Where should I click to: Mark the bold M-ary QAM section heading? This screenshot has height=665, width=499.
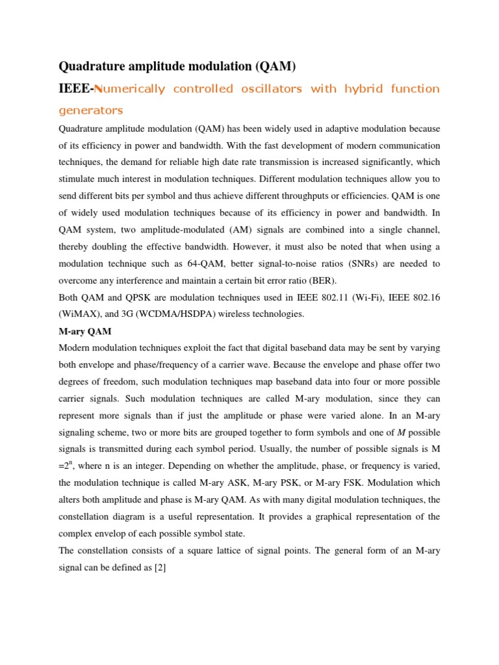85,331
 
